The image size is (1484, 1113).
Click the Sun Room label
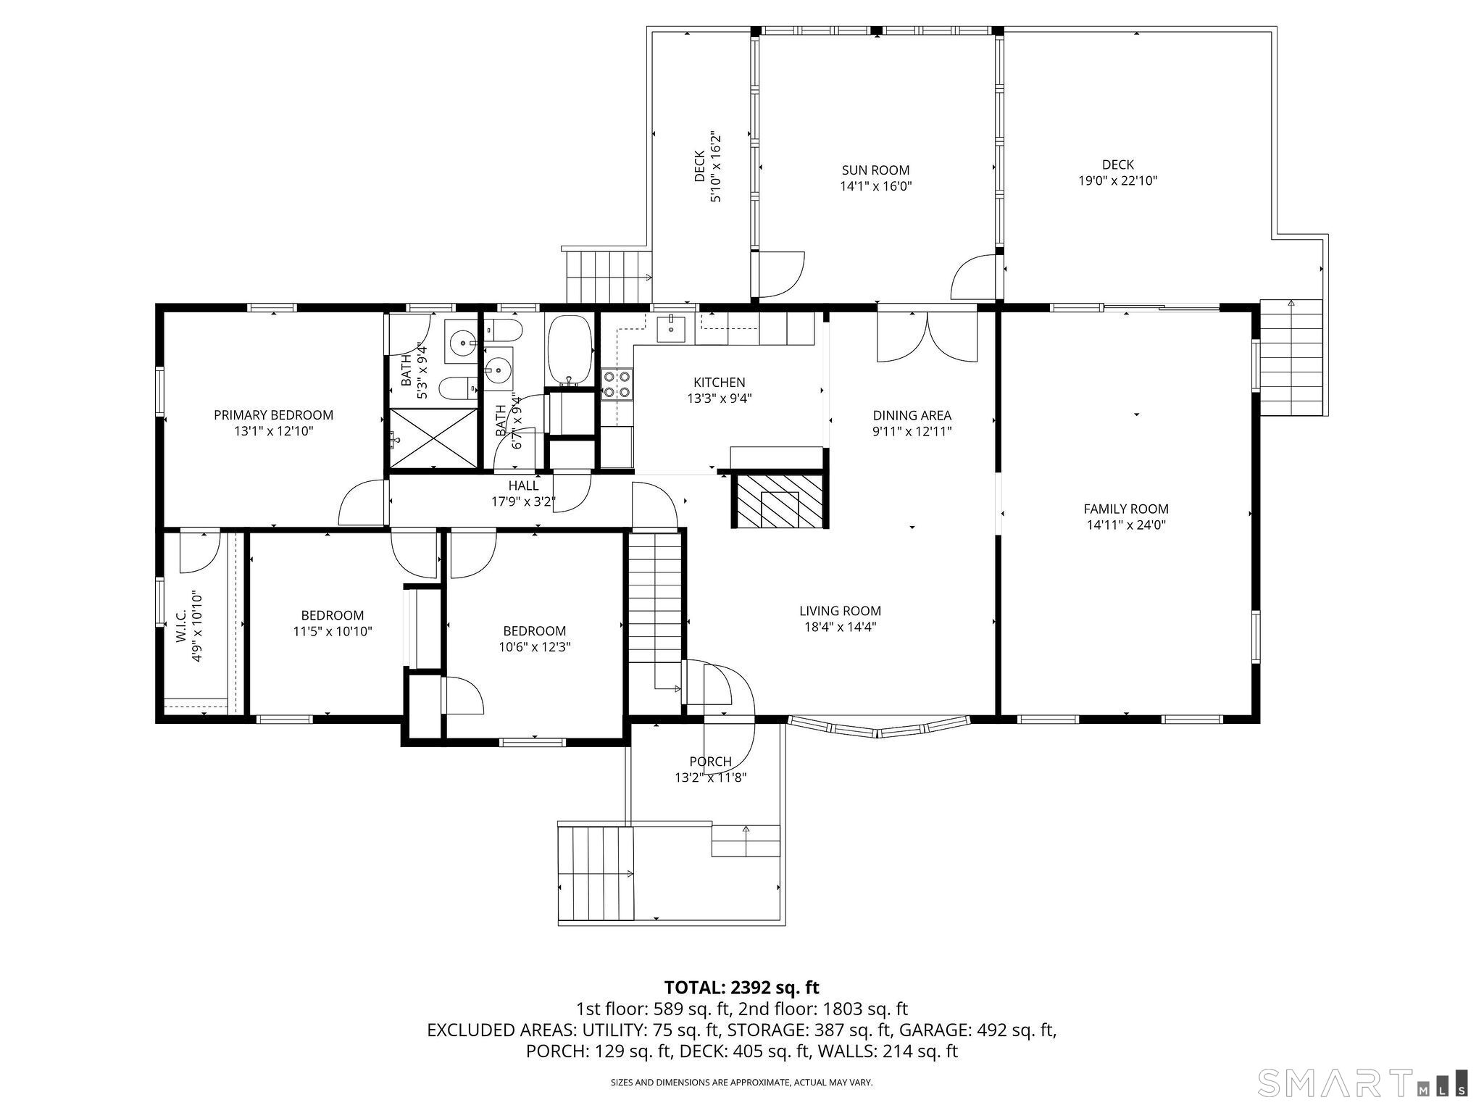pos(875,170)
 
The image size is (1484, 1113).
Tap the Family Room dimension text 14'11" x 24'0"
pos(1126,525)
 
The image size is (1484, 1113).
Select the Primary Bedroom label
pos(273,415)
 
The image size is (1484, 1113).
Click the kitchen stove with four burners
pos(617,384)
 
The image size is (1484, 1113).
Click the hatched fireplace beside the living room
pos(780,501)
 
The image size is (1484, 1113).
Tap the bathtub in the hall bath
pos(570,350)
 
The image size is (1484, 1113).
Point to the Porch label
pos(710,762)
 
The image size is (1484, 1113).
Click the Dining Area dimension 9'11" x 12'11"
pos(912,432)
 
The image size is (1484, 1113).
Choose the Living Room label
pos(840,611)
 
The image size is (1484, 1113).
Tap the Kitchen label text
pos(719,383)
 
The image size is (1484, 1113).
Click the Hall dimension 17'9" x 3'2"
pos(523,500)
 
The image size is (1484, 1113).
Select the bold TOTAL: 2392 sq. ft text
pos(741,987)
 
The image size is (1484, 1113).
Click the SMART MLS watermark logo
pos(1362,1083)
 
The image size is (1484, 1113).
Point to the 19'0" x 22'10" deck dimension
pos(1117,181)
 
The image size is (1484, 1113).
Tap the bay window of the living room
pos(878,727)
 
